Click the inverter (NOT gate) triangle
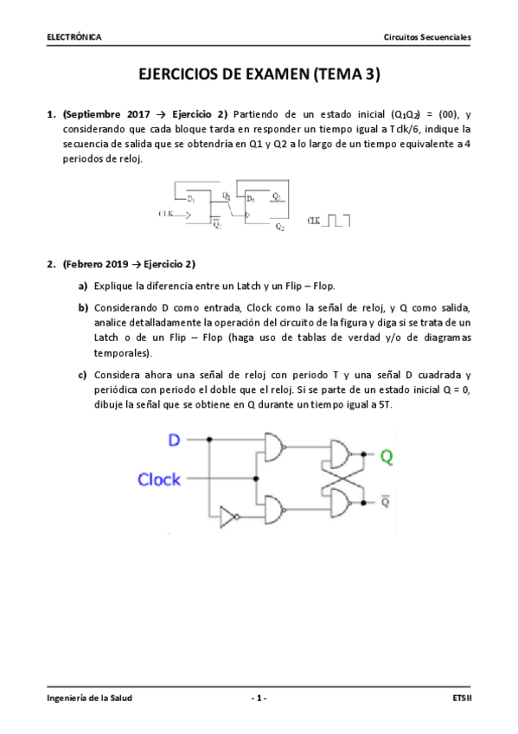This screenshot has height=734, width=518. (227, 517)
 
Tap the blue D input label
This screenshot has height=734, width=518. (174, 441)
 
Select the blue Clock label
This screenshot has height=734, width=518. (160, 479)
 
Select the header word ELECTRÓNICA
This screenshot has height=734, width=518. (74, 37)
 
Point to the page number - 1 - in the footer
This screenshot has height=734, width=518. (259, 698)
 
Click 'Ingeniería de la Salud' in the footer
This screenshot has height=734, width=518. (90, 698)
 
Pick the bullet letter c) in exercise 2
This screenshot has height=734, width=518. (83, 375)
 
